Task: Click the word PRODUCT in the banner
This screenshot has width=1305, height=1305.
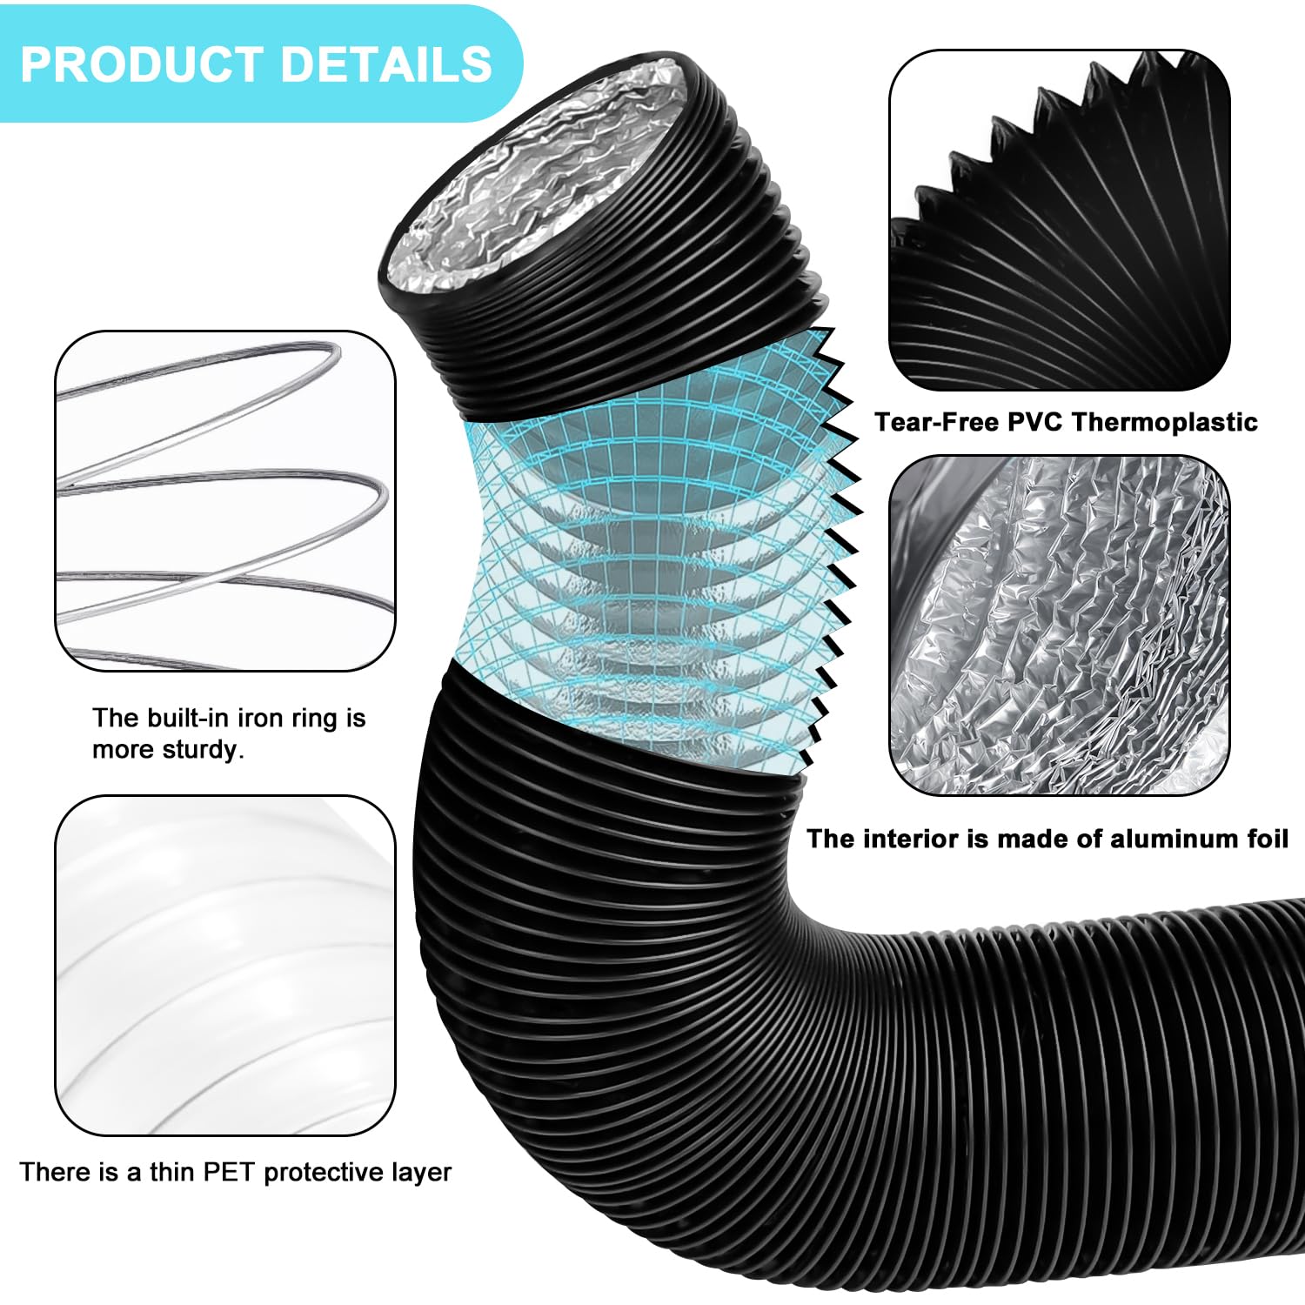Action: coord(142,64)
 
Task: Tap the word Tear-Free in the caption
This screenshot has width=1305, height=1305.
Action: coord(937,422)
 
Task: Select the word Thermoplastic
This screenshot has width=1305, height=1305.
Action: coord(1165,423)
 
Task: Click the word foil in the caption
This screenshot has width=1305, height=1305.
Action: coord(1265,839)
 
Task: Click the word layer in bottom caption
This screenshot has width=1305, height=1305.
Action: coord(425,1173)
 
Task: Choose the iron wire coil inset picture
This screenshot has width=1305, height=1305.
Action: coord(225,500)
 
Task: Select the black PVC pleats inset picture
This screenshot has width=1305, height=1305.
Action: coord(1060,219)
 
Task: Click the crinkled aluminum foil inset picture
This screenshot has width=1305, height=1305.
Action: coord(1060,625)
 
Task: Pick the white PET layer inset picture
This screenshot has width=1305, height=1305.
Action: coord(225,965)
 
